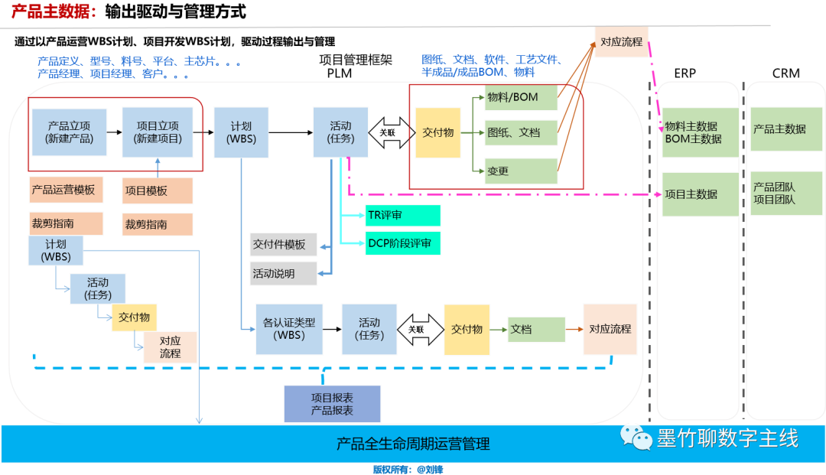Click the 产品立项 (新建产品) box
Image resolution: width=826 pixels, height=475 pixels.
[x=70, y=132]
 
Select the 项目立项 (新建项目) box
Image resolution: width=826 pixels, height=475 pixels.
[x=158, y=132]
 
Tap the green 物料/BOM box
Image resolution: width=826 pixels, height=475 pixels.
[x=521, y=98]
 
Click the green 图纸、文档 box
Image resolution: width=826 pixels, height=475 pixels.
[x=521, y=132]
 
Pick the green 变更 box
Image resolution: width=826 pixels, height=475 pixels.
[x=521, y=171]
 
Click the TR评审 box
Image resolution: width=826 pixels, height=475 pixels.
[x=402, y=216]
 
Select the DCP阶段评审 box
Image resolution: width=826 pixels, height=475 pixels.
[x=402, y=244]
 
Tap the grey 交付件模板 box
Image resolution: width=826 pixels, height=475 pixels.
[x=283, y=245]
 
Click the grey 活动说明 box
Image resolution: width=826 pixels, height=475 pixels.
[x=283, y=273]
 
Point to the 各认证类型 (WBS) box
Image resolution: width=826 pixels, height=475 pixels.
[x=288, y=329]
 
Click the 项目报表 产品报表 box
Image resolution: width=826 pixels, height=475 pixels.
[x=332, y=404]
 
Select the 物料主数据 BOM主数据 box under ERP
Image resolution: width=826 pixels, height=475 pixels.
[x=700, y=132]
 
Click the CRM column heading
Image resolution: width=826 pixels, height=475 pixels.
[x=785, y=73]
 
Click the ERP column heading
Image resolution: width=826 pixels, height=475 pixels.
[x=685, y=73]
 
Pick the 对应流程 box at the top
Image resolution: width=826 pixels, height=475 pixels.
[x=621, y=41]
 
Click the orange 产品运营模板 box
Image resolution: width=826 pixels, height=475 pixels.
[x=65, y=190]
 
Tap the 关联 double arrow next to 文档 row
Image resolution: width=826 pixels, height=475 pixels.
[x=415, y=329]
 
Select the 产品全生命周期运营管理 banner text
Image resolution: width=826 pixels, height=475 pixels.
[x=413, y=444]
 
